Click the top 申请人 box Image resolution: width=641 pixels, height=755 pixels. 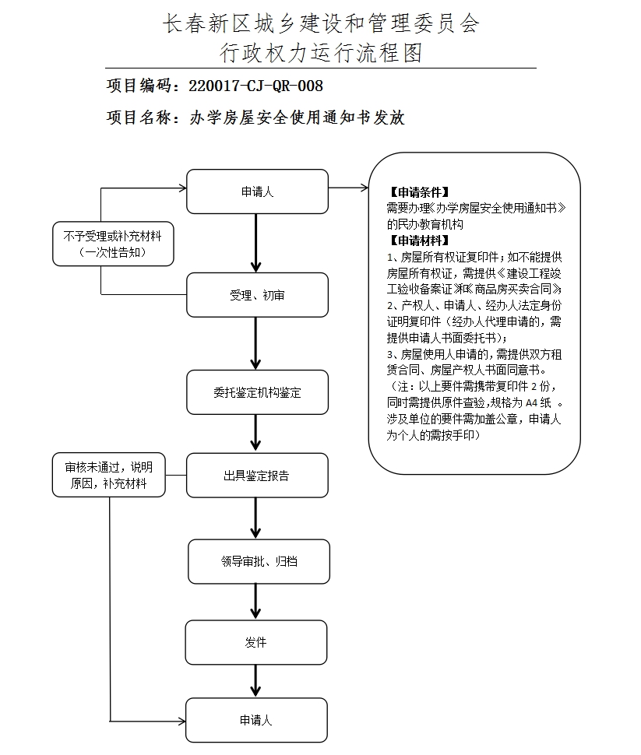tap(257, 191)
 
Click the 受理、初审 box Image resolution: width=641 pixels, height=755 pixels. tap(257, 295)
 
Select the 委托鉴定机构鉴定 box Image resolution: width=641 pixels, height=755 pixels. tap(257, 392)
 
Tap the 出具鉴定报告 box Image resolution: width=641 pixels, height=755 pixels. tap(257, 476)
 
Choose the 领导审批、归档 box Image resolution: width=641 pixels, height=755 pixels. tap(257, 560)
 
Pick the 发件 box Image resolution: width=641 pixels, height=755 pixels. tap(255, 642)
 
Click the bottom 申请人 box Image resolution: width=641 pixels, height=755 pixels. tap(255, 721)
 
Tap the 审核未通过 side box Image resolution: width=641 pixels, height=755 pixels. tap(109, 476)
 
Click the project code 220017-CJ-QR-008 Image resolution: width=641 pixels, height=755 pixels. tap(255, 86)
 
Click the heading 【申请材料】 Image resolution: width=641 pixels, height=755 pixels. tap(419, 240)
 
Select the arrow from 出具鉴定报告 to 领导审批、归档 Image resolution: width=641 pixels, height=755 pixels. tap(255, 518)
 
